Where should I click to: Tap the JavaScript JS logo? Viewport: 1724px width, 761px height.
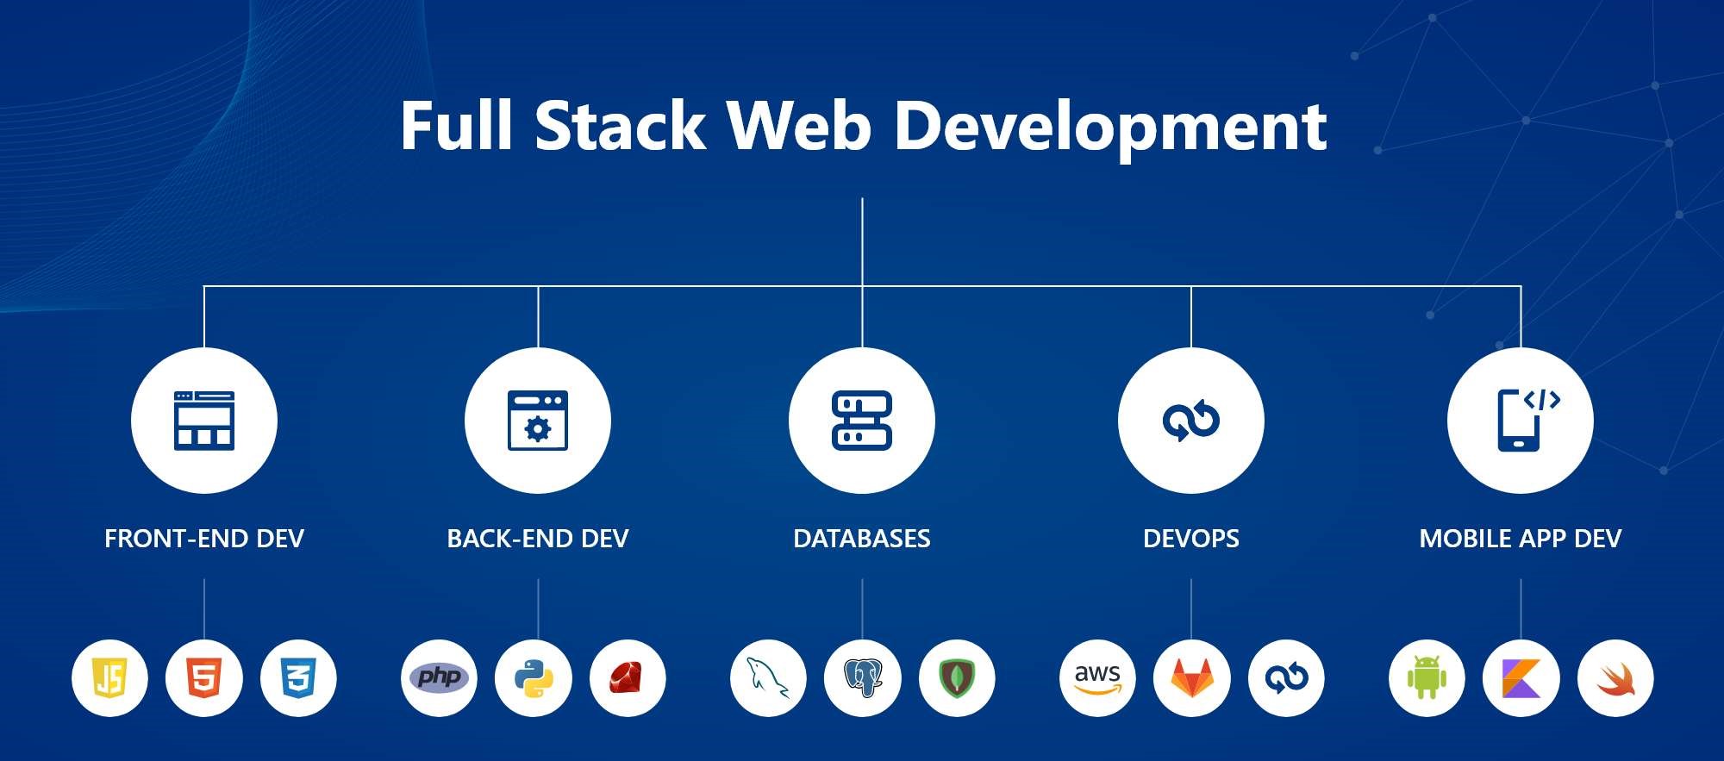(x=109, y=678)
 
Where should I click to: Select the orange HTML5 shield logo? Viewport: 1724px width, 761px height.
(x=204, y=678)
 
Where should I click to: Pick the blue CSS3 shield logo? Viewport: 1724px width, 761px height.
(x=298, y=678)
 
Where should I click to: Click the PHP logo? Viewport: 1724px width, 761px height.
(x=439, y=677)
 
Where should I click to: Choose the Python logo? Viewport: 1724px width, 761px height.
(x=534, y=678)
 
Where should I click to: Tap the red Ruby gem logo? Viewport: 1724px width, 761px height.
(x=628, y=678)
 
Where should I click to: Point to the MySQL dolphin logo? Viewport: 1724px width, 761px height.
(x=767, y=678)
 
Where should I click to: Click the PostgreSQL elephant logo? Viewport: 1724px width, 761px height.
(x=863, y=678)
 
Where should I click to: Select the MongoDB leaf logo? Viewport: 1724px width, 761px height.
(x=957, y=678)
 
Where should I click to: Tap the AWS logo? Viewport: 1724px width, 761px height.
(x=1097, y=678)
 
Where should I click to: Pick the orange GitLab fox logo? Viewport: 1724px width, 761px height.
(x=1192, y=678)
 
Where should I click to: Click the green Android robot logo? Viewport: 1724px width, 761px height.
(x=1427, y=678)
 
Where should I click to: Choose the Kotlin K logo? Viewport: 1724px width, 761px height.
(x=1521, y=678)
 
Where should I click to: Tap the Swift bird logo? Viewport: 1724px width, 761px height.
(x=1615, y=678)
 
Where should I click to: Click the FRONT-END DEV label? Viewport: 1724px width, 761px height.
(x=204, y=539)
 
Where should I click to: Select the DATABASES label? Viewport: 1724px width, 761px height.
(x=862, y=539)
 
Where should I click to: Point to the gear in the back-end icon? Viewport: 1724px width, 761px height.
(x=538, y=428)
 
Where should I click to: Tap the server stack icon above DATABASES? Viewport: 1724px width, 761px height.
(x=862, y=421)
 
